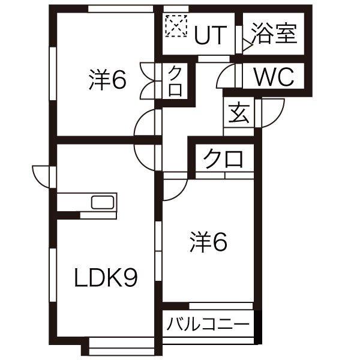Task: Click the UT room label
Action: [210, 35]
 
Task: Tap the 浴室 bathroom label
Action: [274, 34]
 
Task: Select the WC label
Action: [273, 77]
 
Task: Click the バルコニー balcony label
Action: [207, 325]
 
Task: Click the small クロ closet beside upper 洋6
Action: [175, 81]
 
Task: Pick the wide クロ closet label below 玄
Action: [223, 159]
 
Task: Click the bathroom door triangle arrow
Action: [246, 44]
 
